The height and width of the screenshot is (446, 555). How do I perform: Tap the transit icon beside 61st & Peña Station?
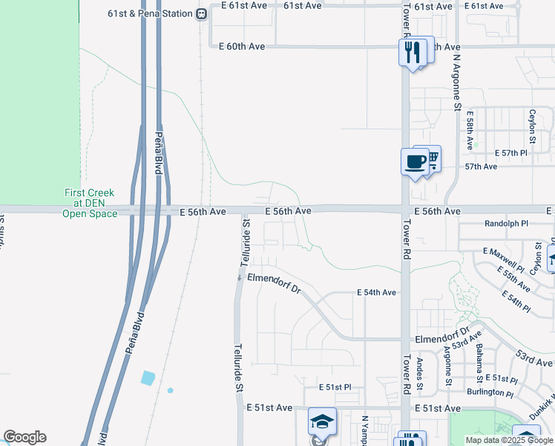[201, 14]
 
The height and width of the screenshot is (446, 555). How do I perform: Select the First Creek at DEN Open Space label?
[90, 203]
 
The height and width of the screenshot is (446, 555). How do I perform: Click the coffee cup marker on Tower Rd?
[415, 161]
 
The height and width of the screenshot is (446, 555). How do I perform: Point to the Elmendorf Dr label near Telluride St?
[274, 282]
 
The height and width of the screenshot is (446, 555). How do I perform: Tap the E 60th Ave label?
[242, 46]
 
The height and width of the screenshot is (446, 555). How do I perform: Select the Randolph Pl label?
[506, 223]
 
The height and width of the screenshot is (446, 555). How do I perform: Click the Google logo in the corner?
[24, 437]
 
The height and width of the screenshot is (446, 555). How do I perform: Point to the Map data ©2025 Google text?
[510, 440]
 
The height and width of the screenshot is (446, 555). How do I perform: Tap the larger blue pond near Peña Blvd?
[148, 378]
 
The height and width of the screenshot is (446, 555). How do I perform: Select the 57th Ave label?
[481, 167]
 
